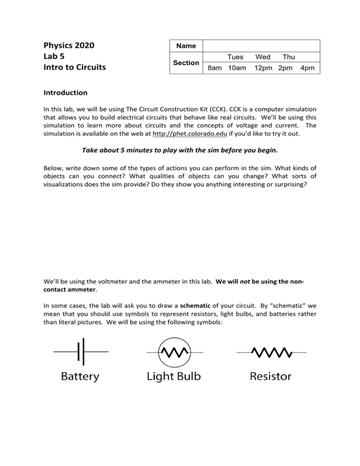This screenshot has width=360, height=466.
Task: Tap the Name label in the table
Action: pos(186,46)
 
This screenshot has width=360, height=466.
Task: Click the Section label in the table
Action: pos(186,63)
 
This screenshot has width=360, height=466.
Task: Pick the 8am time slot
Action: pos(215,68)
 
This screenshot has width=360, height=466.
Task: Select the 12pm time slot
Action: pos(263,68)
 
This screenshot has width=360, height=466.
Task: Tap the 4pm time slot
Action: pos(307,68)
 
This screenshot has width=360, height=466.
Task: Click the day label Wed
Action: pos(262,57)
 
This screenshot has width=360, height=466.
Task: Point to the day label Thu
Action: pos(289,57)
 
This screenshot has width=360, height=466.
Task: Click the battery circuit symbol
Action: pos(81,351)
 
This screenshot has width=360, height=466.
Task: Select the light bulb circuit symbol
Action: pos(174,351)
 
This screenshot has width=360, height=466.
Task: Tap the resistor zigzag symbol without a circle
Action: pos(271,351)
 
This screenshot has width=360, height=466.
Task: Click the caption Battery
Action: pos(80,376)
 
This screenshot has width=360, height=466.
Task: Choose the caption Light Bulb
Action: pos(174,376)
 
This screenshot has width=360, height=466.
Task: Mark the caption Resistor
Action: pos(270,376)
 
